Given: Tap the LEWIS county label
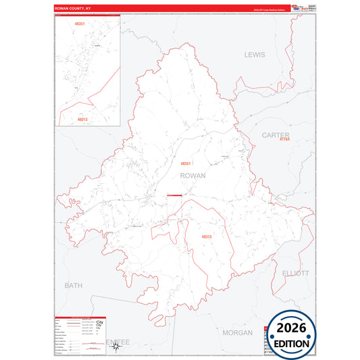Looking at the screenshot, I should pos(255,54).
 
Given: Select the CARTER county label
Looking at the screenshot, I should pos(275,136).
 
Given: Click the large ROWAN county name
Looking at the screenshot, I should pos(193,175).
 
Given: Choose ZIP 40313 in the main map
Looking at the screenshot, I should pos(206,236).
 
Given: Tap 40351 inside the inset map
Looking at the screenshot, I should pos(80,24).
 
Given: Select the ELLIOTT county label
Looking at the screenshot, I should pos(295,274).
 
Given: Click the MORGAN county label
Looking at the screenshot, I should pos(237,333).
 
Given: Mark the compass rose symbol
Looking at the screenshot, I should pos(115,346).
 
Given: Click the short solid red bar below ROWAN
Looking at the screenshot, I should pos(174,196).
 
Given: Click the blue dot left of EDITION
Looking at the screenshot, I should pos(268,343).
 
